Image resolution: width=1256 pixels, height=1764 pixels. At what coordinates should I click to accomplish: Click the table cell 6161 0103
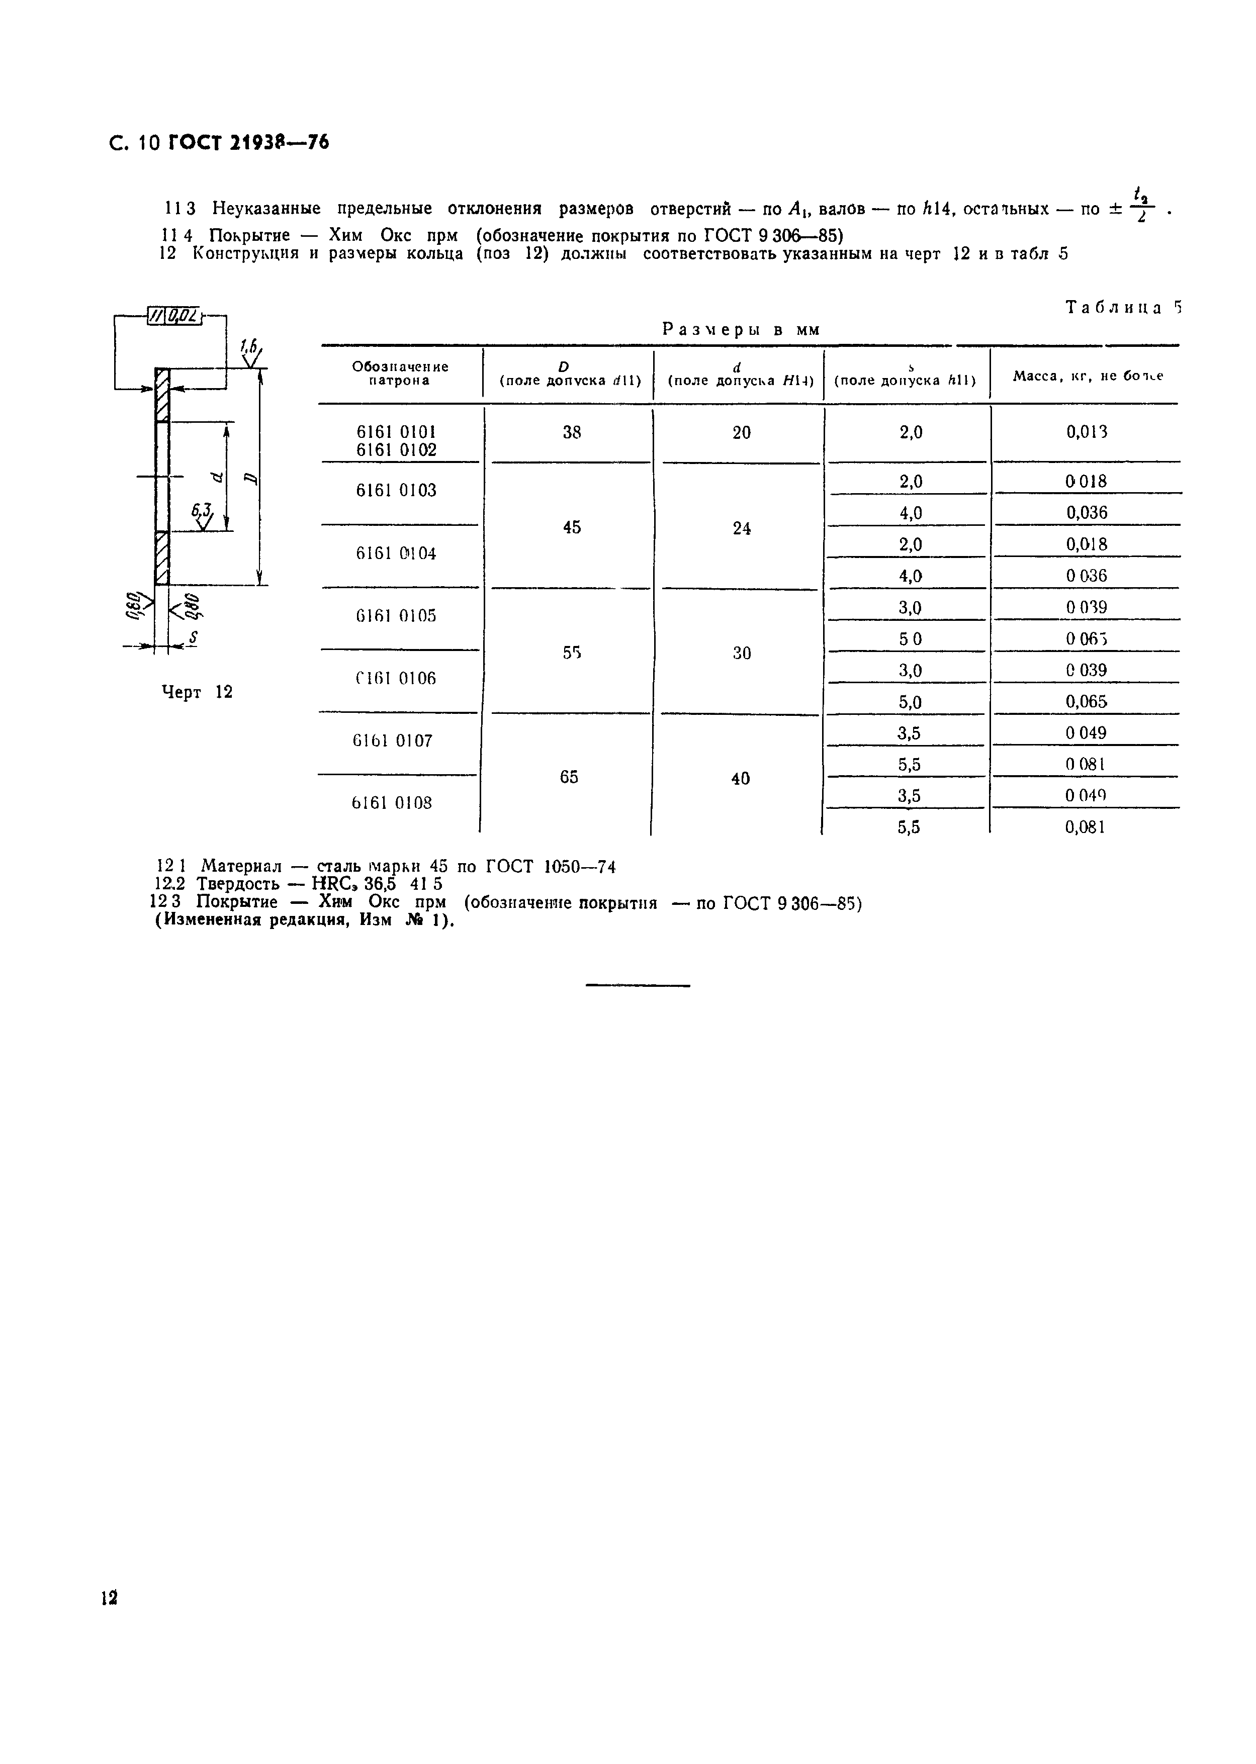point(396,490)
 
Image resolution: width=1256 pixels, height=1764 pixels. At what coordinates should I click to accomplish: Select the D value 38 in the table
point(572,433)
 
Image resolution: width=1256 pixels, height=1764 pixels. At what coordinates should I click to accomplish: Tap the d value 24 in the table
point(741,528)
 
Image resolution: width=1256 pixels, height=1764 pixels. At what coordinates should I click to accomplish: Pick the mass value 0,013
point(1087,432)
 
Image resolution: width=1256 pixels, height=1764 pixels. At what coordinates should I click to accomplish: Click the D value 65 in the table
point(569,777)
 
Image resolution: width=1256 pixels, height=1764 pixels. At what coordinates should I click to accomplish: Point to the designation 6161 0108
point(393,803)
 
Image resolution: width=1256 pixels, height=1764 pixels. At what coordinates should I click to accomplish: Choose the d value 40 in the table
point(740,779)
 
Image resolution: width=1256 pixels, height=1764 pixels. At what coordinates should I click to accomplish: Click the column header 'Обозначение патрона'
point(400,374)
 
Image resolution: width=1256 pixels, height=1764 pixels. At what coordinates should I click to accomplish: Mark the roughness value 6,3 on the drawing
point(202,510)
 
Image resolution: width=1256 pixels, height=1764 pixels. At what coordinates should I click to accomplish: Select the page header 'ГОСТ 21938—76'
point(248,142)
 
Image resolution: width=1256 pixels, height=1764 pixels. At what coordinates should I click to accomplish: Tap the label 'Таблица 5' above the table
point(1124,308)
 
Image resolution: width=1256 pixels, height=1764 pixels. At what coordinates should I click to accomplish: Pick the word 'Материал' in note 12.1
point(241,866)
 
